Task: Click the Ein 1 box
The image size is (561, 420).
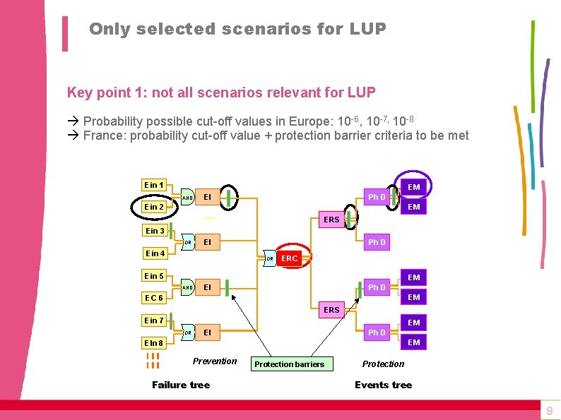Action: click(x=154, y=185)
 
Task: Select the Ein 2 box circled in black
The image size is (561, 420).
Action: click(x=154, y=207)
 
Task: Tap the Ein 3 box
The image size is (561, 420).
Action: click(x=155, y=231)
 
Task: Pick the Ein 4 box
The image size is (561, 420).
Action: click(x=155, y=253)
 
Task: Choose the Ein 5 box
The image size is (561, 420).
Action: click(x=155, y=276)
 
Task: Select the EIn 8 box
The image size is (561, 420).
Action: click(x=154, y=344)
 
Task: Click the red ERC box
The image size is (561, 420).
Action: click(x=290, y=258)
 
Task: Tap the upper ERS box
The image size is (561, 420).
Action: click(x=331, y=220)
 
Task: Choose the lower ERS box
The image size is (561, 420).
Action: click(x=331, y=310)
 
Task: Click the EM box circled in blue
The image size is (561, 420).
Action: click(x=414, y=187)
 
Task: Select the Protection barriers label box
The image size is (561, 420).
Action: click(x=289, y=364)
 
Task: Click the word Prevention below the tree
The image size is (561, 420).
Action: click(x=215, y=361)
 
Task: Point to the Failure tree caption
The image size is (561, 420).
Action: click(x=181, y=385)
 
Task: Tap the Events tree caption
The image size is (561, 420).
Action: click(x=383, y=385)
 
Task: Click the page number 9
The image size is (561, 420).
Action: click(x=550, y=411)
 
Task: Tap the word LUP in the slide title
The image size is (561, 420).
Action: click(x=367, y=29)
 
